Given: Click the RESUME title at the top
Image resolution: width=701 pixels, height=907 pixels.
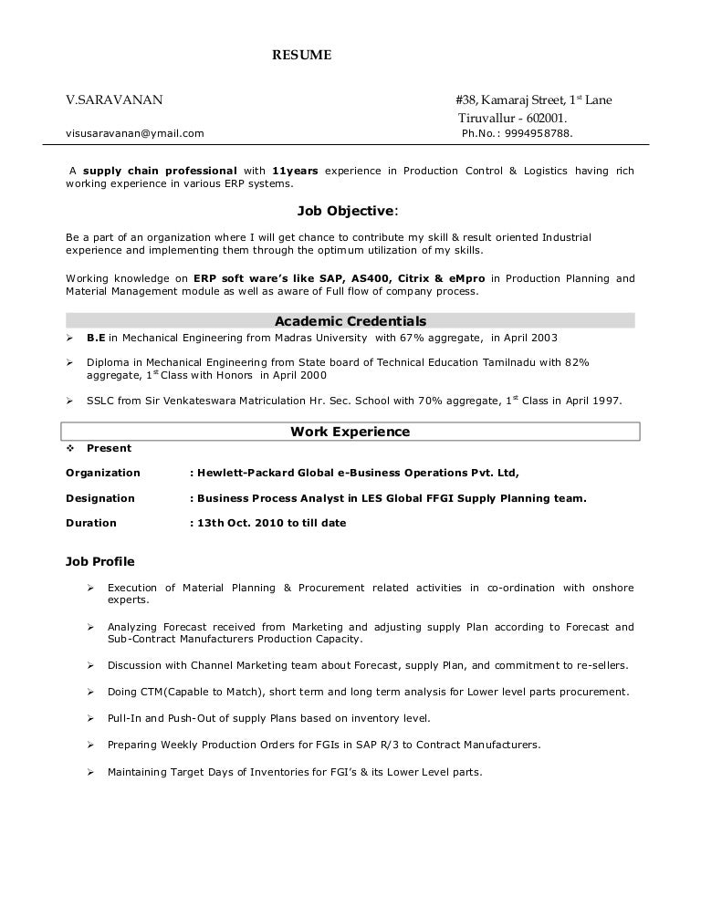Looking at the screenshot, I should click(302, 56).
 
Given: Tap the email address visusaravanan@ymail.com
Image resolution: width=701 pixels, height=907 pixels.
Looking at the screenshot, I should click(135, 133).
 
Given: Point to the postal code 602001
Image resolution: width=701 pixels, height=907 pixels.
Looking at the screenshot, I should click(546, 118).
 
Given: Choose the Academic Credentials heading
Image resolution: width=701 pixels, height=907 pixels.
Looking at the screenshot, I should click(350, 321).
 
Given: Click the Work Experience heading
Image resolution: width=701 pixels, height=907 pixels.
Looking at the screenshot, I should click(350, 432).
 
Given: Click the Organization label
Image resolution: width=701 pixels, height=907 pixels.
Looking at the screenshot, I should click(103, 473).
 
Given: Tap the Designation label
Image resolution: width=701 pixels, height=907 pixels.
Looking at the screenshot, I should click(100, 498).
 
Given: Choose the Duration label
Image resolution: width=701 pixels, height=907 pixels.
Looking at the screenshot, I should click(91, 523).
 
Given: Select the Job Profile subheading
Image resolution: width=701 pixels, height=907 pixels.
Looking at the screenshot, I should click(100, 561).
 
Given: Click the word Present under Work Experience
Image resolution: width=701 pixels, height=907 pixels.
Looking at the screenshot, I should click(109, 448).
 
